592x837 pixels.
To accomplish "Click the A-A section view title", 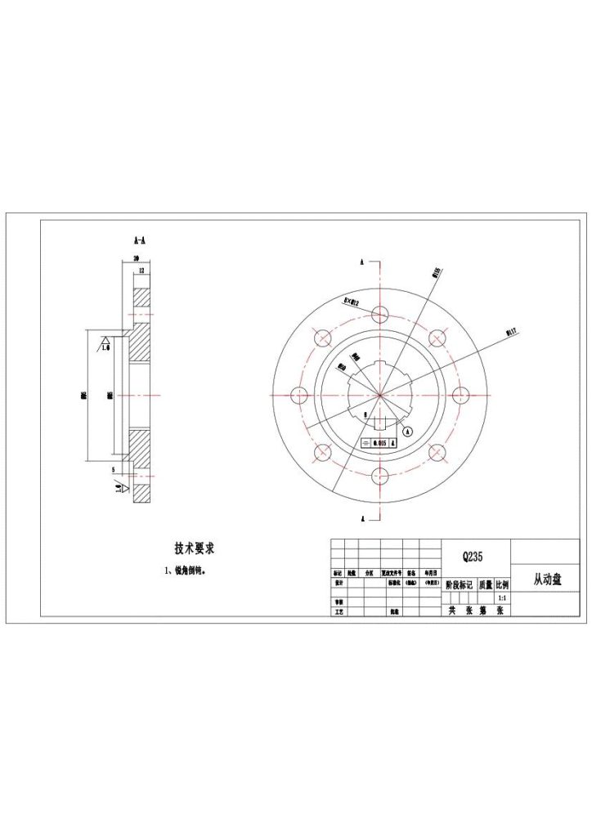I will [139, 241].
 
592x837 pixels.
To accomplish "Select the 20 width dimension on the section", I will [136, 258].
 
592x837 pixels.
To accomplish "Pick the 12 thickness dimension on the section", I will [141, 270].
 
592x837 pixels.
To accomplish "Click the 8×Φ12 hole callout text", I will [352, 301].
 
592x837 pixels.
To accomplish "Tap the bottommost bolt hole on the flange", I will [379, 476].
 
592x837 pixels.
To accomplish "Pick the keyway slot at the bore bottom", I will [379, 423].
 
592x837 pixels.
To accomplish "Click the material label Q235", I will [472, 557].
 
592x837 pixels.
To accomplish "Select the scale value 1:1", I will [500, 599].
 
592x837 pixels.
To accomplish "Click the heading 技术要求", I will [195, 548].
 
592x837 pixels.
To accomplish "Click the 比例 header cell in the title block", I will [500, 585].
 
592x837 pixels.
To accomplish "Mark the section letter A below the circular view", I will [361, 518].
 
